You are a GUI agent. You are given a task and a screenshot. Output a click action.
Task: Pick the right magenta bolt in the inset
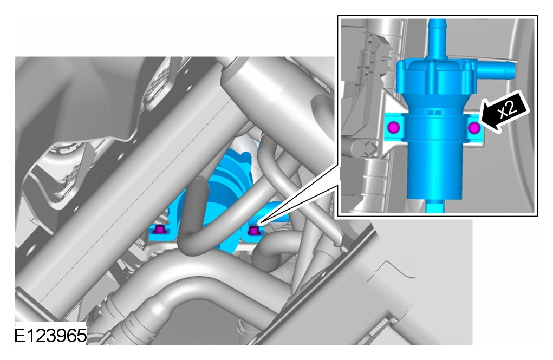point(473,128)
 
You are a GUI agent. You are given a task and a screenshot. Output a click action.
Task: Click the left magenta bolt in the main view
point(159,230)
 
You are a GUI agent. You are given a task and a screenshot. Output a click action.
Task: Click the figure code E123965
point(50,336)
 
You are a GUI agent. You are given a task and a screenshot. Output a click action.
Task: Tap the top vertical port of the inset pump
point(437,40)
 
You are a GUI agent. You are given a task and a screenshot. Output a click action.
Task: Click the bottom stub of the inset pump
point(435,206)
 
